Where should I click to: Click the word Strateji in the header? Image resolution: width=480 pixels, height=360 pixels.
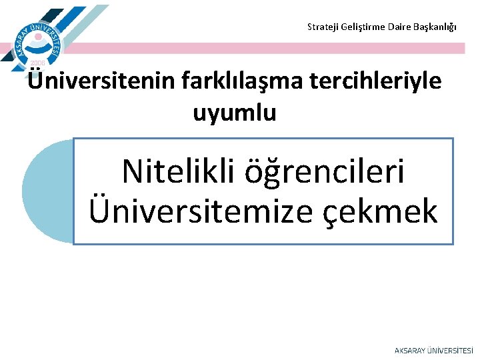321,27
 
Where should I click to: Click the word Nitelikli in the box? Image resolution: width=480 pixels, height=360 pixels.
177,172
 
